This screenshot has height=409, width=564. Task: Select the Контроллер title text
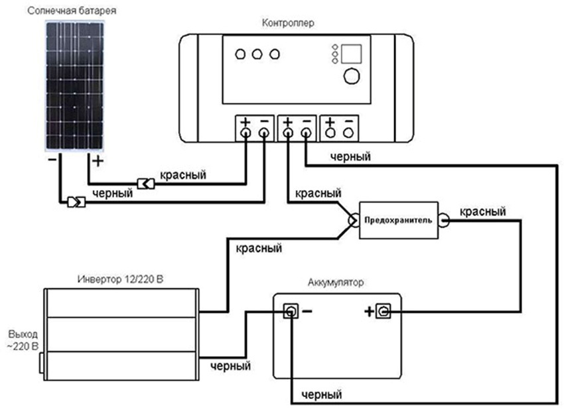(289, 23)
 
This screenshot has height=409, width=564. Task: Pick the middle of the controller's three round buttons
(257, 53)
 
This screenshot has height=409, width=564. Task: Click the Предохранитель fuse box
(397, 219)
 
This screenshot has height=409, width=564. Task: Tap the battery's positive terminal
(383, 311)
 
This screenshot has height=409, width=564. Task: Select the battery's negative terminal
(290, 311)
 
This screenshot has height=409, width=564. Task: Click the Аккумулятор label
(336, 282)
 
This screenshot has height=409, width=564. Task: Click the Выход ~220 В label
(23, 339)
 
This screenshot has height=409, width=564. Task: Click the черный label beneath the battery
(321, 396)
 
